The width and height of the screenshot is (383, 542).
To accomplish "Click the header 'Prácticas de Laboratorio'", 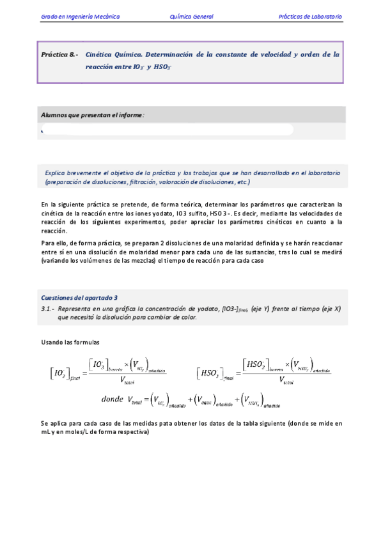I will (x=310, y=17).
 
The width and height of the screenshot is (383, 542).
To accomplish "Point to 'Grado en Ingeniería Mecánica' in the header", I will (x=80, y=17).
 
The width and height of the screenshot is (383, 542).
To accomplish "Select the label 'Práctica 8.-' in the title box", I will (x=59, y=55).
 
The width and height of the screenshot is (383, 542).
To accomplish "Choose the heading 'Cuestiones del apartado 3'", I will (x=79, y=298).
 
